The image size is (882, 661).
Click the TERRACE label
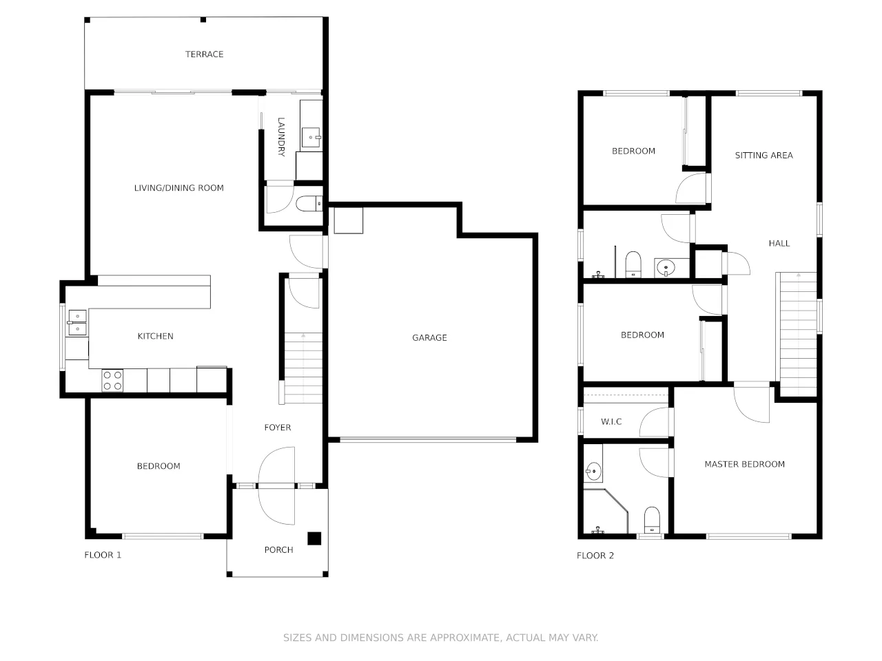[204, 54]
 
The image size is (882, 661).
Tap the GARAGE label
[429, 337]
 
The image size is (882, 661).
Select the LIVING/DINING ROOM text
[178, 188]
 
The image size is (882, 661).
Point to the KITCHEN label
[155, 336]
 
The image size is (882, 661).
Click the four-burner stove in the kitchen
[112, 381]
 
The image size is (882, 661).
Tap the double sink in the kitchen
[77, 323]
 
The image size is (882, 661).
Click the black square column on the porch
[314, 538]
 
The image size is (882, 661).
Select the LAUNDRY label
[281, 137]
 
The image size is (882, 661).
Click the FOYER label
[278, 428]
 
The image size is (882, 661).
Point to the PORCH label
[278, 549]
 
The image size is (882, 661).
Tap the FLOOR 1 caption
[103, 555]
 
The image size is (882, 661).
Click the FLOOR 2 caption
[595, 556]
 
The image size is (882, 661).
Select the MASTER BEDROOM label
[744, 464]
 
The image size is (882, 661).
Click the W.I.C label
[611, 421]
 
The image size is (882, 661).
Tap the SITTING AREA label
[763, 156]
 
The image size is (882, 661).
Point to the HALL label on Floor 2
[779, 243]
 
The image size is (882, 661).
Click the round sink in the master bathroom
[593, 472]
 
